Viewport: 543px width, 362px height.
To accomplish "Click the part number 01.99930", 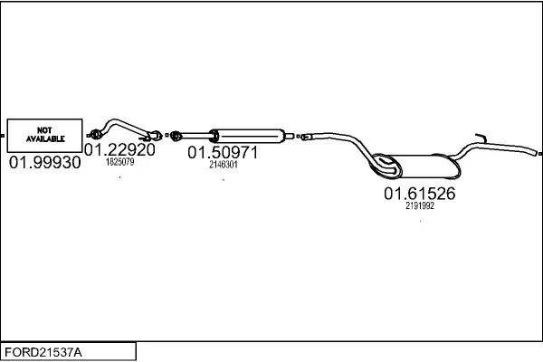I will point(44,163).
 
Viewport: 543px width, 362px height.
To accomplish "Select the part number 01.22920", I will point(119,149).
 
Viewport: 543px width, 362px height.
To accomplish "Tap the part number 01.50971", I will point(223,153).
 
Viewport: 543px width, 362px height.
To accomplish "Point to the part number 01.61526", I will point(419,194).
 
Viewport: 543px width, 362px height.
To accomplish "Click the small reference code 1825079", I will point(119,163).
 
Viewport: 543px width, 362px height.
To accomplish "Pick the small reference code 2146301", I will point(223,165).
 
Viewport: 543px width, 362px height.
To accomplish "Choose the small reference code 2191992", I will point(420,205).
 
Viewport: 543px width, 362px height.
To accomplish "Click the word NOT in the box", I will point(44,129).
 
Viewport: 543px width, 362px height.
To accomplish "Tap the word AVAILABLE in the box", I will point(44,139).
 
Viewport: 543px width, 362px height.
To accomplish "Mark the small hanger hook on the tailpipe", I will point(482,138).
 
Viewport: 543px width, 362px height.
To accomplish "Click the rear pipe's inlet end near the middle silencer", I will point(305,137).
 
